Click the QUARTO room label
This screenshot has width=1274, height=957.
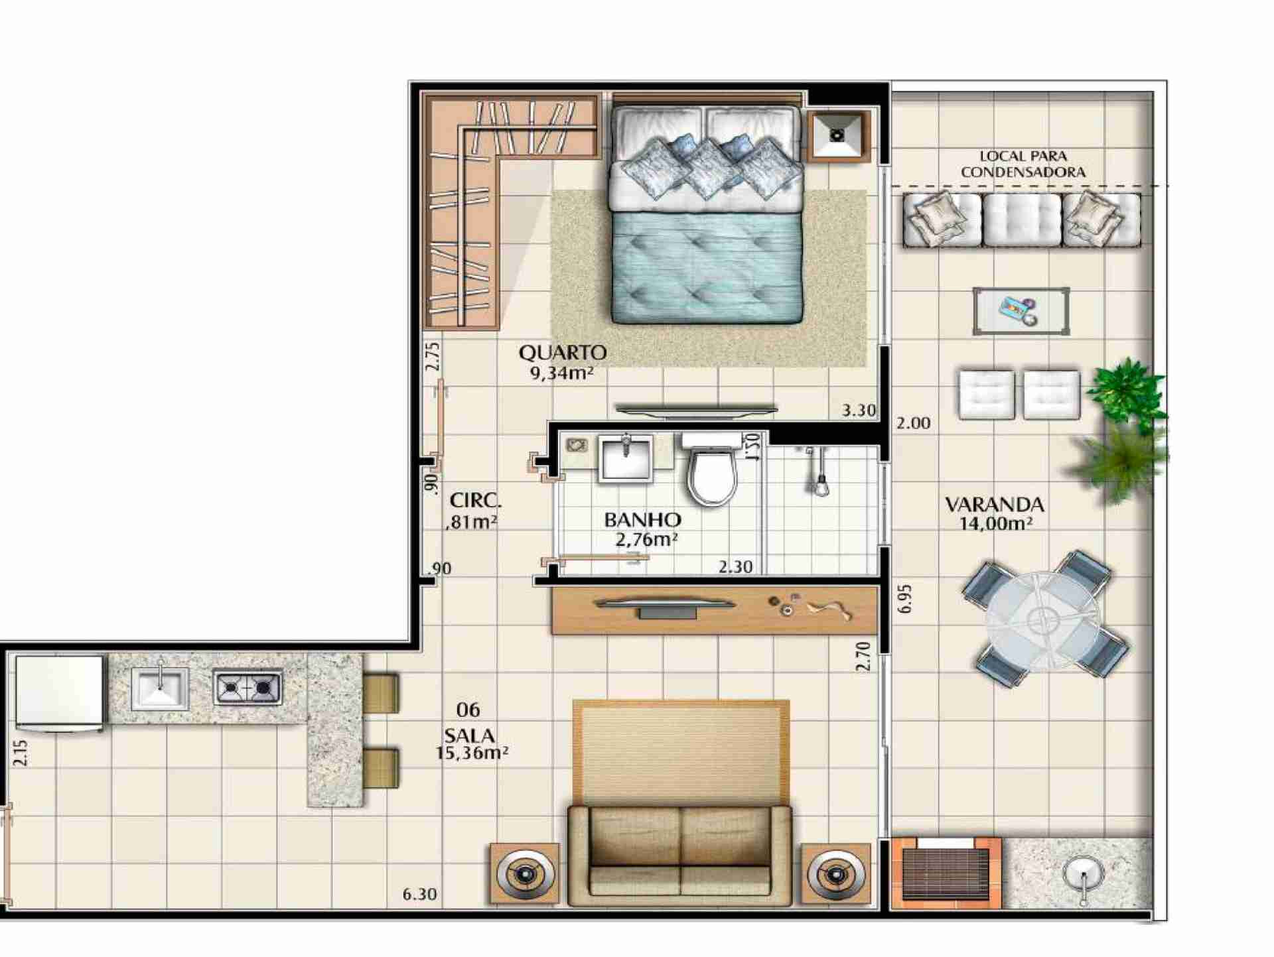pos(563,351)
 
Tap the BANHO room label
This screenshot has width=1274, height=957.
pos(642,519)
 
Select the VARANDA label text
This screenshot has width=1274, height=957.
pos(995,505)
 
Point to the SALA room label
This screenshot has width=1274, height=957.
pos(469,735)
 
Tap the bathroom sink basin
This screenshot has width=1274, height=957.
pos(626,457)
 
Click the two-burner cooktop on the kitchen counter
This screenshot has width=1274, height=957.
pos(248,687)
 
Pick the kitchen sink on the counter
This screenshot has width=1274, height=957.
pos(160,688)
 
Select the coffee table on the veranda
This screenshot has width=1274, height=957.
pos(1021,311)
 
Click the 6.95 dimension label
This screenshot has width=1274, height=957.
pos(906,598)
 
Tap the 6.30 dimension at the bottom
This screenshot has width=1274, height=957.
pos(419,894)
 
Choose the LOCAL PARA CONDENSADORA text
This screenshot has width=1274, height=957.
pos(1023,164)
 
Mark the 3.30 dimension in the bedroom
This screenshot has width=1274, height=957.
pos(859,411)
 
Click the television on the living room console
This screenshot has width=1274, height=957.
pos(666,606)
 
